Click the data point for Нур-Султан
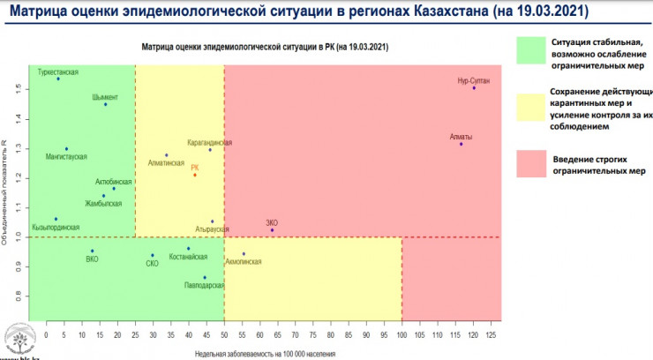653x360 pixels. [x=474, y=88]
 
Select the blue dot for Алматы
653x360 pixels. [x=461, y=144]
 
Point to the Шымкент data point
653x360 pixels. [x=105, y=105]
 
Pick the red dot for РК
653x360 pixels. [x=195, y=175]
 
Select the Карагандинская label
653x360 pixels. [x=210, y=142]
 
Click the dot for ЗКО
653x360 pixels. [x=272, y=230]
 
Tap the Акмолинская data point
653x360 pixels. [x=244, y=254]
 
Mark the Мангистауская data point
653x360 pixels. [x=66, y=149]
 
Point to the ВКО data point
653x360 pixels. [x=91, y=251]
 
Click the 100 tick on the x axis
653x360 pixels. [x=402, y=335]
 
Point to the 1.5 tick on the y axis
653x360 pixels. [x=17, y=89]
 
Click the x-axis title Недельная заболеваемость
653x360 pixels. [x=266, y=353]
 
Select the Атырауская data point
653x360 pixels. [x=212, y=221]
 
